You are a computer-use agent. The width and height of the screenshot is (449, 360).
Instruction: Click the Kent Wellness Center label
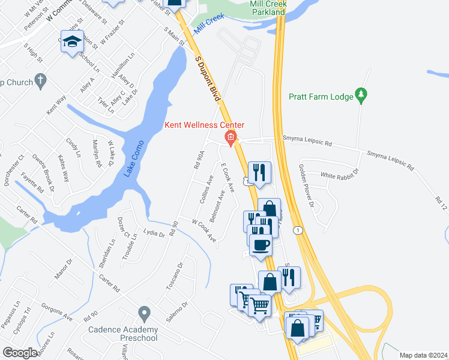[205, 125]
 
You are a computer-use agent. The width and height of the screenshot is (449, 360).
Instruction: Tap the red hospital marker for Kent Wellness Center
[230, 139]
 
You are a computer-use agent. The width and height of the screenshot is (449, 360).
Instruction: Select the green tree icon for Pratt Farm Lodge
[361, 95]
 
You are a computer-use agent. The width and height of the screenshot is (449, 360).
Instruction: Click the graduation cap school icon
[72, 43]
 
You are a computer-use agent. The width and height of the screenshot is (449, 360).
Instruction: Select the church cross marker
[40, 80]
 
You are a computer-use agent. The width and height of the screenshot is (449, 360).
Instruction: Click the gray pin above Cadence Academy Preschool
[143, 313]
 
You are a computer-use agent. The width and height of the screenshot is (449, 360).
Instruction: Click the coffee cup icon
[260, 245]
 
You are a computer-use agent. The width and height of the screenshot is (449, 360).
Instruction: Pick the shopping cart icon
[260, 305]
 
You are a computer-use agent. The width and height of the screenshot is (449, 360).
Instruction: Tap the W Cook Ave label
[204, 230]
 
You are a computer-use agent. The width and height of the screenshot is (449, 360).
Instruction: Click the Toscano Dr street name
[174, 275]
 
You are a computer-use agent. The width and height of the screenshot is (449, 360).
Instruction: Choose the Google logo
[20, 353]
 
